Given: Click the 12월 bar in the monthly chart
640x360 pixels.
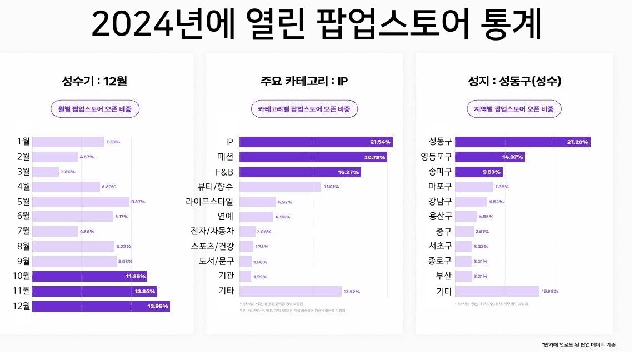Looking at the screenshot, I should (101, 306).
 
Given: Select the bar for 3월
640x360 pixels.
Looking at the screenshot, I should (46, 172).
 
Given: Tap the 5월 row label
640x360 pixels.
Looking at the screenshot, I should (23, 202).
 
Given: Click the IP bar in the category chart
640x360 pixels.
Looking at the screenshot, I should (316, 142).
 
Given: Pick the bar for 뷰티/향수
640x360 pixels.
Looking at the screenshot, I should (280, 187).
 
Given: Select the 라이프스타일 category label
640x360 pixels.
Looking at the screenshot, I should (210, 202).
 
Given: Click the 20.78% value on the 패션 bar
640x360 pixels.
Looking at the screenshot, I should (374, 157).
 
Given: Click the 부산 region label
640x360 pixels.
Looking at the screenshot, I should (443, 276).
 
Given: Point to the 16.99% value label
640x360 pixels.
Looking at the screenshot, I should (549, 291).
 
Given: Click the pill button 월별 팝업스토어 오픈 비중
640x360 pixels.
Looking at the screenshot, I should (95, 109).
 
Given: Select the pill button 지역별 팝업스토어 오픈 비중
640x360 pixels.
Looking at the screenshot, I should (514, 109).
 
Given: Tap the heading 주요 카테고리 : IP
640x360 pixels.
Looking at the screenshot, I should (304, 81).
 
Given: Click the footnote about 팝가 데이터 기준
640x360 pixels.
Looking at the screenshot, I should (578, 344).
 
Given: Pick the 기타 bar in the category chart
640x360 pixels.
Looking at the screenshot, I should (290, 291).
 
